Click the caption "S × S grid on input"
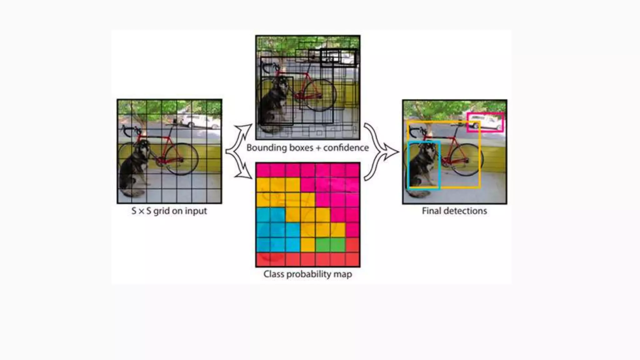tap(169, 211)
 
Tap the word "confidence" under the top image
tap(346, 147)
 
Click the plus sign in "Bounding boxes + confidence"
tap(318, 148)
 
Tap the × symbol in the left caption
tap(141, 211)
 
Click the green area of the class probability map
tap(330, 245)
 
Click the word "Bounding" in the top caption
tap(264, 147)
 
